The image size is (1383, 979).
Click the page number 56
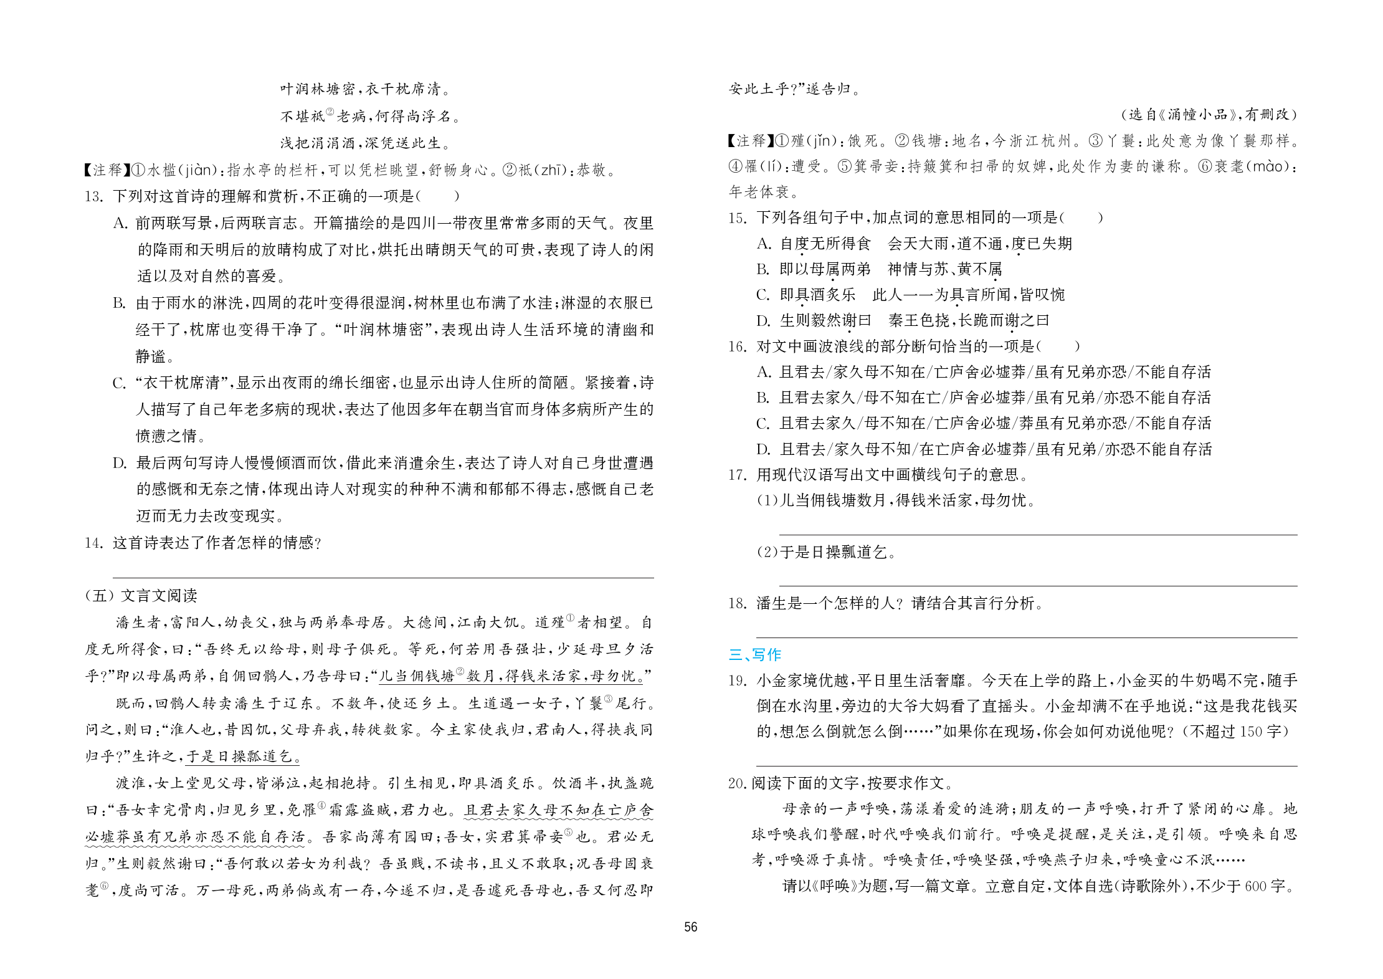(x=690, y=927)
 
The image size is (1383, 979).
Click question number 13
(x=93, y=196)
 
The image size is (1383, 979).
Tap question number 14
(x=93, y=543)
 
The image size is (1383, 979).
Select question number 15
(x=737, y=217)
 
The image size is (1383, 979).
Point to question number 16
(x=737, y=346)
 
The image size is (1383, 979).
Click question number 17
(x=737, y=475)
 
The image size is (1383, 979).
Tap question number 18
(x=737, y=603)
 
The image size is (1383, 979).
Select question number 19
(x=737, y=681)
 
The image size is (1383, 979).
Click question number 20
(x=738, y=783)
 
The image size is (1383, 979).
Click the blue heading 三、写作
(x=754, y=654)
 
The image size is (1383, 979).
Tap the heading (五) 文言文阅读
(x=141, y=596)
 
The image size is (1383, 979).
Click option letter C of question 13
(x=119, y=383)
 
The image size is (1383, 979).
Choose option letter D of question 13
(x=119, y=463)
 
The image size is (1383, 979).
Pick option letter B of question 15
(x=763, y=269)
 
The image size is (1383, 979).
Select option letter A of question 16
(x=763, y=372)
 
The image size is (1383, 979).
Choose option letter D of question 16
(x=763, y=449)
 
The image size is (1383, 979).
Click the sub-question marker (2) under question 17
(x=767, y=552)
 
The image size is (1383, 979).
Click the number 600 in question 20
(x=1256, y=886)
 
